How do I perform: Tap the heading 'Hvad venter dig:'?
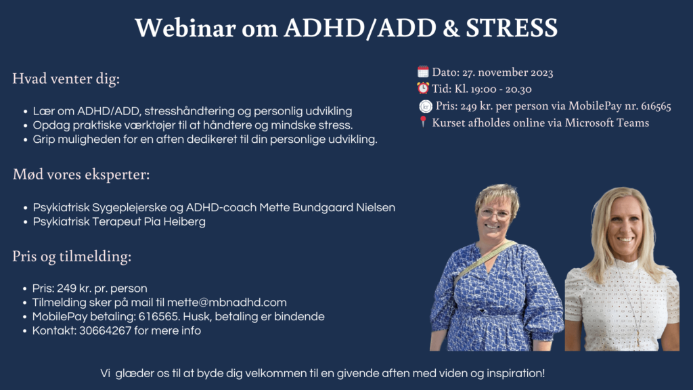pyautogui.click(x=66, y=79)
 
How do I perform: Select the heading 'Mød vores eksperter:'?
pyautogui.click(x=81, y=175)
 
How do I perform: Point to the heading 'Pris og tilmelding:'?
pyautogui.click(x=72, y=257)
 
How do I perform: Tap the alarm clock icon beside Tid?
pyautogui.click(x=423, y=88)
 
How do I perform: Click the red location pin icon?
pyautogui.click(x=423, y=123)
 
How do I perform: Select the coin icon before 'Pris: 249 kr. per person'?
pyautogui.click(x=426, y=106)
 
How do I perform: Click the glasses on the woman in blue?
pyautogui.click(x=496, y=214)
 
